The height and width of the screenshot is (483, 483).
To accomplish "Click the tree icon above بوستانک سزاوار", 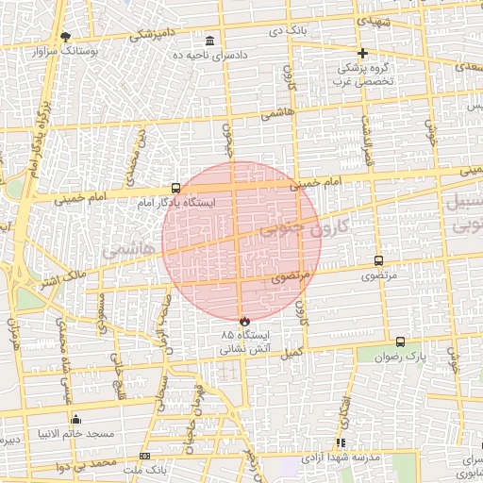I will click(65, 37).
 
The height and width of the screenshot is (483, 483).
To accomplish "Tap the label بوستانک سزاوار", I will click(65, 49).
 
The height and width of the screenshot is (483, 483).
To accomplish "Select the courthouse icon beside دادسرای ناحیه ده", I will click(208, 42).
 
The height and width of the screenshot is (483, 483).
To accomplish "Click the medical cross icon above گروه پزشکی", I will click(362, 53).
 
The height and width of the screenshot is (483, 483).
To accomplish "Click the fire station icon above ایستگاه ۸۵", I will click(245, 321).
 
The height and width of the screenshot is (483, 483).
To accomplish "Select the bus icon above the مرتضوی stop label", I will click(379, 261).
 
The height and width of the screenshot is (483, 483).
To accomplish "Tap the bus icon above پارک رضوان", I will click(400, 342).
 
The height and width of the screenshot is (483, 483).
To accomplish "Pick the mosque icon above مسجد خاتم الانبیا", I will click(76, 419).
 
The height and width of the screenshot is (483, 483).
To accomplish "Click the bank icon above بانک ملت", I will click(144, 456).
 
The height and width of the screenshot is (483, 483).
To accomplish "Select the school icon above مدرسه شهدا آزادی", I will click(341, 442).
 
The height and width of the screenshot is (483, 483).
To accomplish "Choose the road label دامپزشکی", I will click(149, 35).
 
